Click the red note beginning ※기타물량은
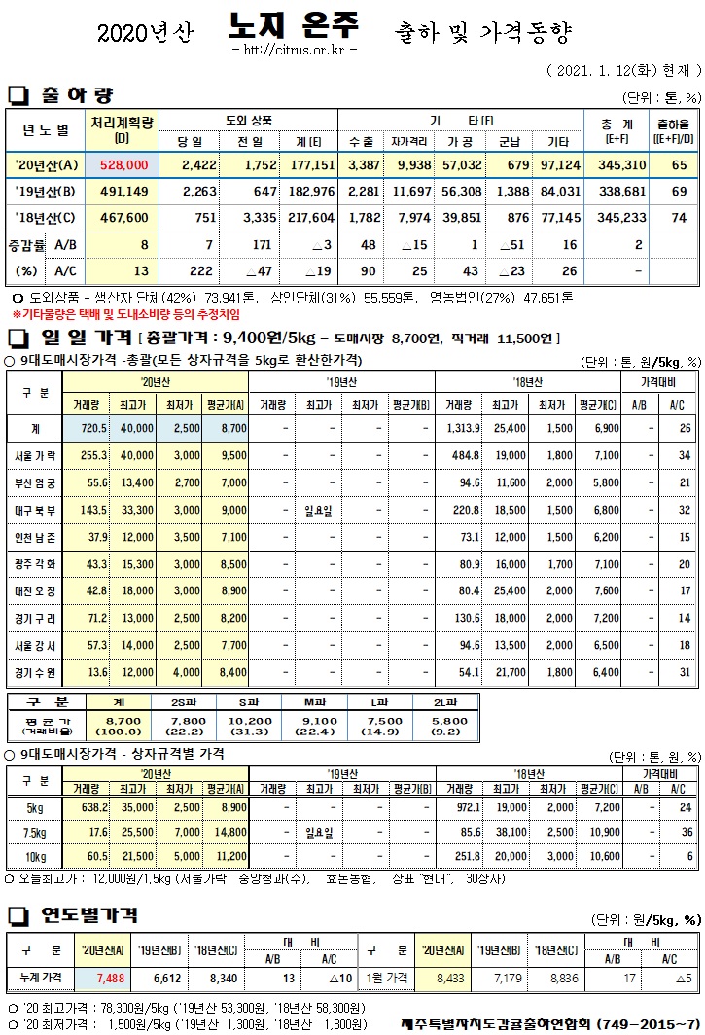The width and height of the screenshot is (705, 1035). click(126, 315)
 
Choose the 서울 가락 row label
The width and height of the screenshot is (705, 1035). click(36, 455)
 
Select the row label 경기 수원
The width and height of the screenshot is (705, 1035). click(36, 671)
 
